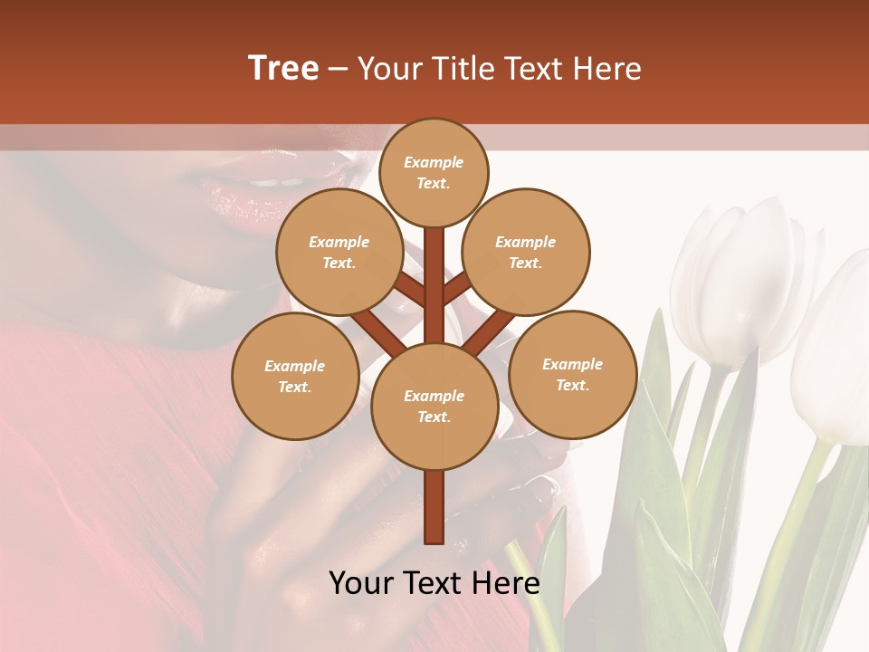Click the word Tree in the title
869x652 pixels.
click(x=283, y=69)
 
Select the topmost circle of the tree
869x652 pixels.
click(x=434, y=172)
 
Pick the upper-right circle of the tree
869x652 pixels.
click(x=526, y=253)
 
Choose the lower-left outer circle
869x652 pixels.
click(x=295, y=376)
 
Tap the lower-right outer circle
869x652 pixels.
click(x=573, y=374)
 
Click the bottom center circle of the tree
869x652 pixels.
click(x=434, y=407)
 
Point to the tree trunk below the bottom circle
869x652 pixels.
click(x=434, y=507)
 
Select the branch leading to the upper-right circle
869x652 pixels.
click(x=458, y=288)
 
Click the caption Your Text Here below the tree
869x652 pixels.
click(x=434, y=583)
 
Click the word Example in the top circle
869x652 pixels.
click(x=434, y=162)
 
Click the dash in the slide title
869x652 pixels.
click(x=338, y=69)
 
